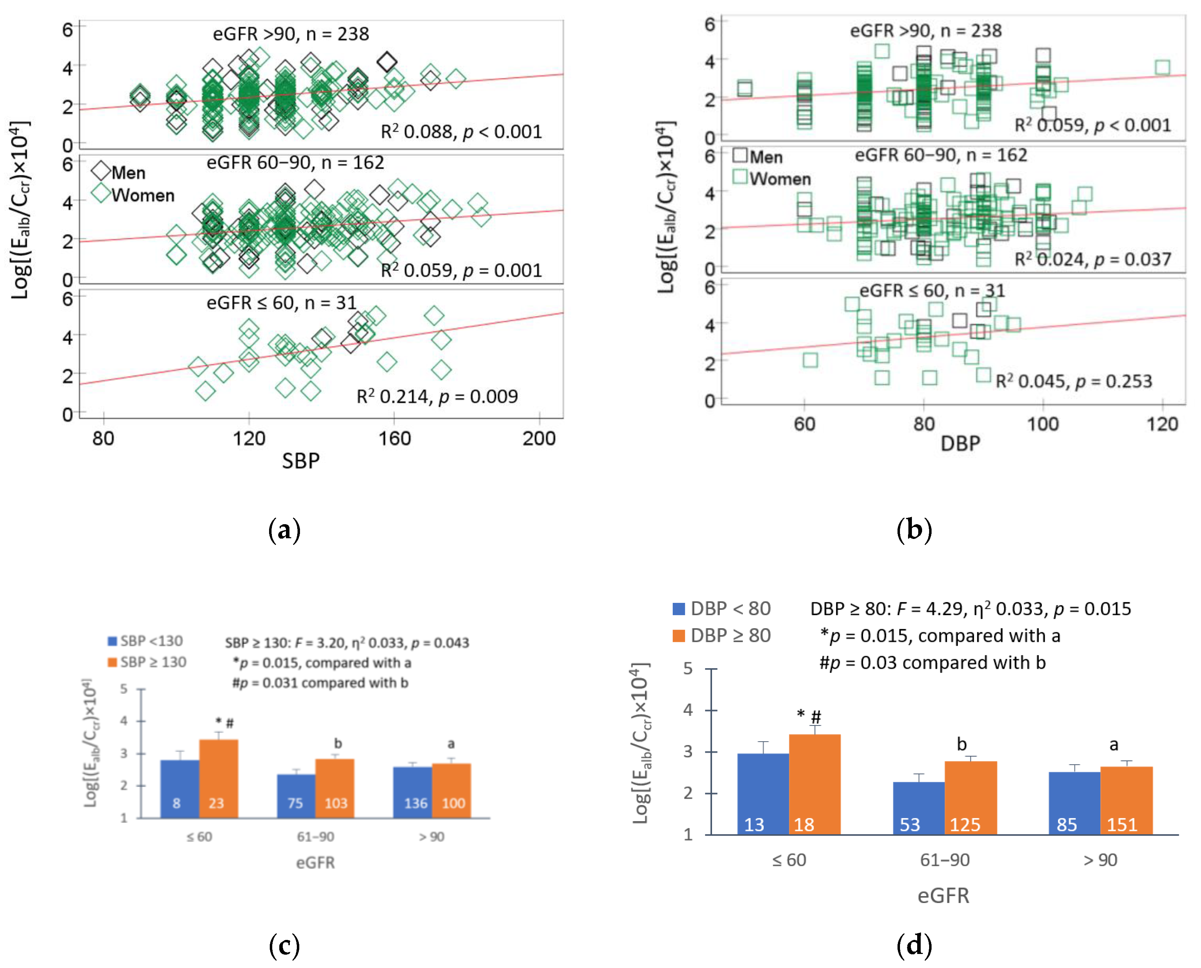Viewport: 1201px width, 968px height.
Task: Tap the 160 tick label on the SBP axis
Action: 394,438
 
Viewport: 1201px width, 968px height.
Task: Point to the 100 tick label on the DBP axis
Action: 1043,424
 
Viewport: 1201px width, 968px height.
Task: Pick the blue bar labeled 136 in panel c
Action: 412,792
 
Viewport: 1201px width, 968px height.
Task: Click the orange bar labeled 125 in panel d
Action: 970,797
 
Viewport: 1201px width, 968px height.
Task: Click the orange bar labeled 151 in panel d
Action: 1126,800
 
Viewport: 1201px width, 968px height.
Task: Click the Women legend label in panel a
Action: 143,196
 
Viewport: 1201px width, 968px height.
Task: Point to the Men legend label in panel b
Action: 765,157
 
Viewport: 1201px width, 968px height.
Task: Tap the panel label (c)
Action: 285,945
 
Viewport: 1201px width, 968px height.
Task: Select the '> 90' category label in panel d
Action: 1100,860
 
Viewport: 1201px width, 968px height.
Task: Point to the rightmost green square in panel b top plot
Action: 1162,67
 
